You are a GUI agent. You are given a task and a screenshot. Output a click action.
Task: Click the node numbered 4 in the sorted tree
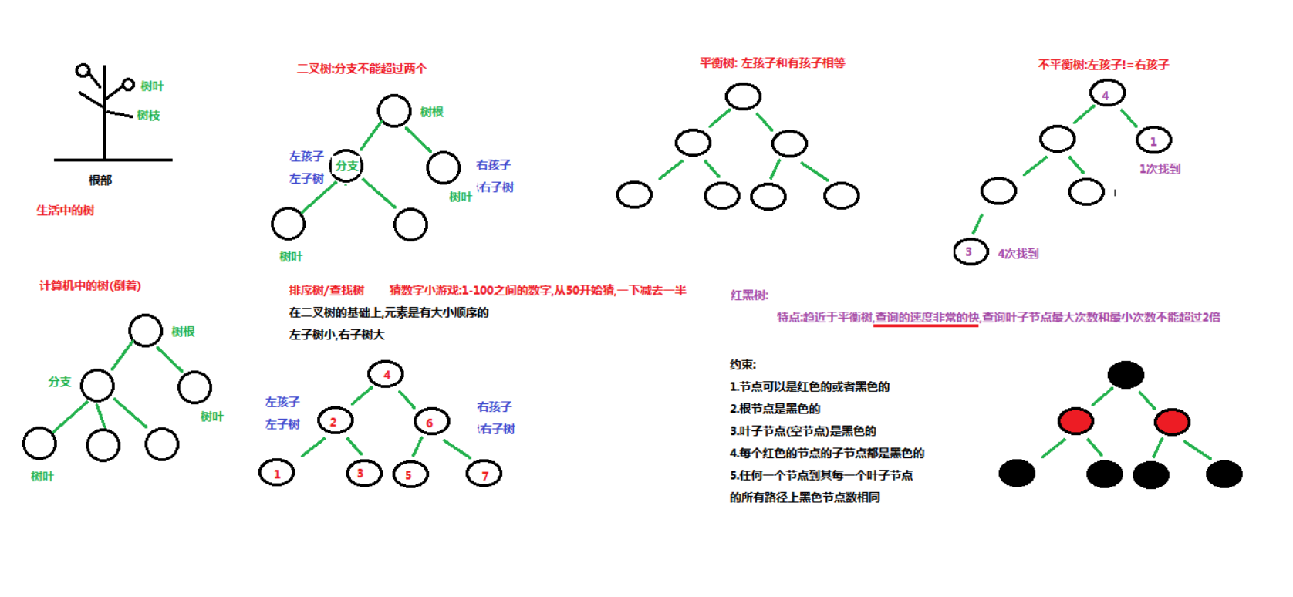(x=386, y=375)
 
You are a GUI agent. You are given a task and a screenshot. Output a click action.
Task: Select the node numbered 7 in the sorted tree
(x=484, y=474)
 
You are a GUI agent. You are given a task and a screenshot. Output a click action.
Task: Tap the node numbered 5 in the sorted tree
(x=410, y=474)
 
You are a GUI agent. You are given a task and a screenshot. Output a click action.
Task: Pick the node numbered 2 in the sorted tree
(x=335, y=421)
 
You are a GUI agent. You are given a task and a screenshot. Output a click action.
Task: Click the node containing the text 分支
(x=346, y=165)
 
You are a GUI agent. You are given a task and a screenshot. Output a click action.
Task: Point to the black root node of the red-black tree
(x=1126, y=375)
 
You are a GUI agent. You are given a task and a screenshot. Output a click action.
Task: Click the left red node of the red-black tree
(x=1075, y=421)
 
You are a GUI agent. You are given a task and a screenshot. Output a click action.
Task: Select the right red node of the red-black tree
(x=1172, y=422)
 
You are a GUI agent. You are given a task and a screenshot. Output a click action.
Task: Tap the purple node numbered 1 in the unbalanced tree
(x=1153, y=140)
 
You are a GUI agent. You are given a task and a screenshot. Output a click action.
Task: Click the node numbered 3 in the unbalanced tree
(x=971, y=251)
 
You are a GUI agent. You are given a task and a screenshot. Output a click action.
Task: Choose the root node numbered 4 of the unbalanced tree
(x=1107, y=94)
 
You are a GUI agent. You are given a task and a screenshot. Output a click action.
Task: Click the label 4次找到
(x=1018, y=254)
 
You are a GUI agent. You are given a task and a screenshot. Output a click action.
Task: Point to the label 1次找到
(x=1160, y=169)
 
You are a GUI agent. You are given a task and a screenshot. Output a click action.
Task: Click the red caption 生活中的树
(x=66, y=211)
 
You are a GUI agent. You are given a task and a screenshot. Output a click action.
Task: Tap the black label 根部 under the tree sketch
(x=100, y=180)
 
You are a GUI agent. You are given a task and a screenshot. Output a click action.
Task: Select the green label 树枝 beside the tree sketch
(x=148, y=116)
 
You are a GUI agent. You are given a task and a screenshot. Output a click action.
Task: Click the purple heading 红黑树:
(x=749, y=295)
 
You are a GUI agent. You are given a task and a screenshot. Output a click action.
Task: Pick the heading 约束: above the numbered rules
(x=743, y=365)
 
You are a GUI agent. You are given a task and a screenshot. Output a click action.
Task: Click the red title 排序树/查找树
(x=326, y=291)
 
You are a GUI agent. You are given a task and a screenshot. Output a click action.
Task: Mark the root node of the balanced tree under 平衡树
(x=743, y=96)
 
